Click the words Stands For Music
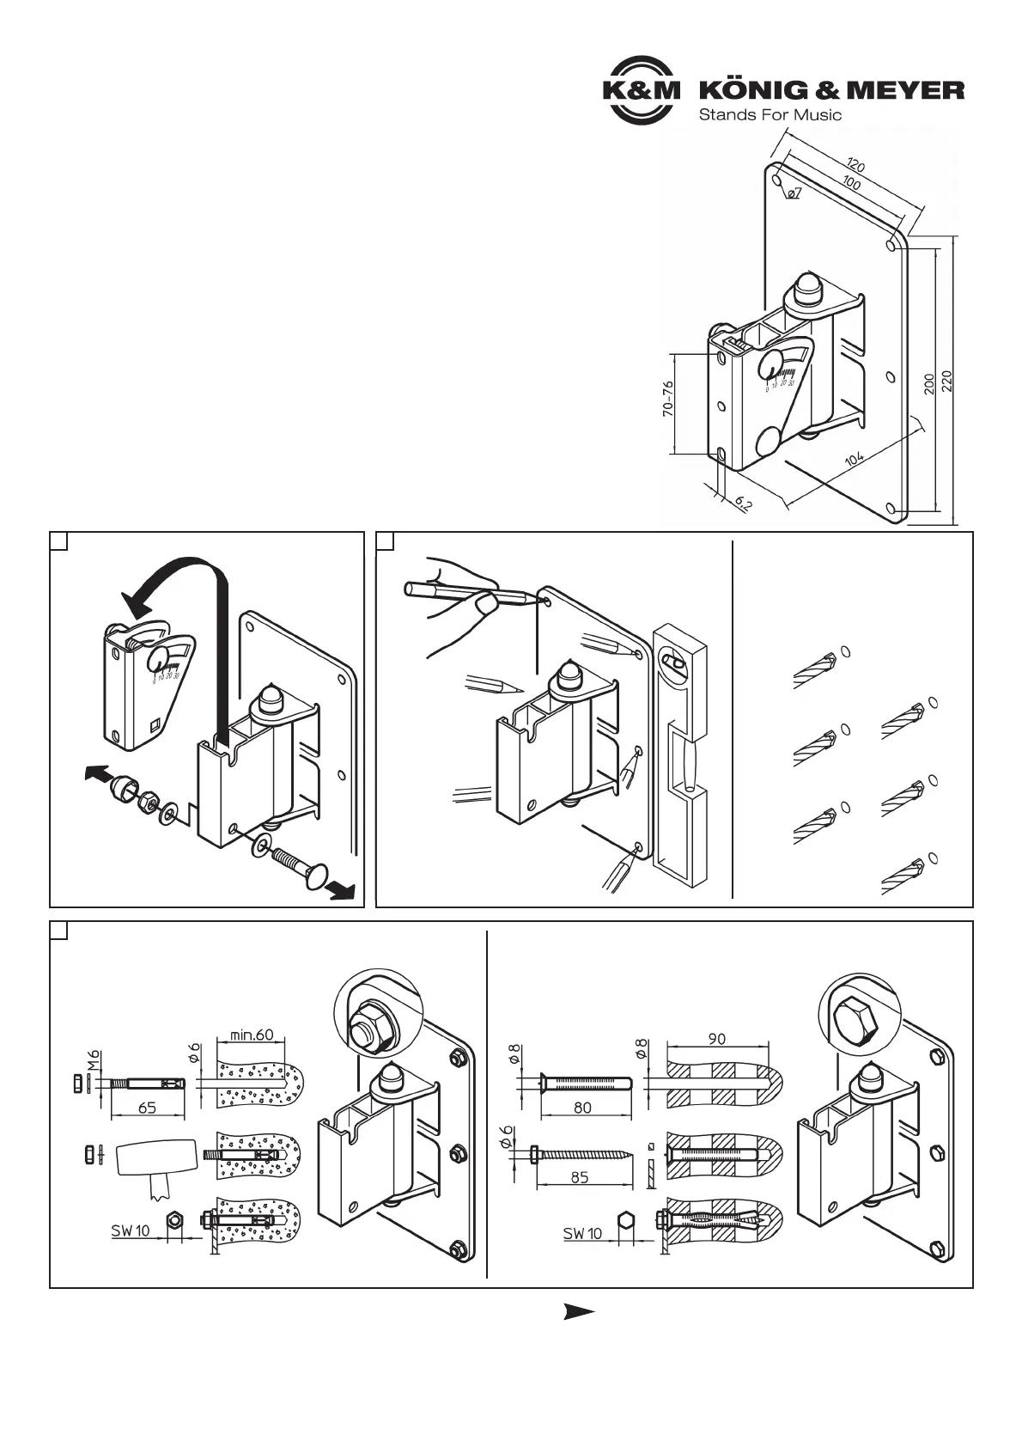(770, 114)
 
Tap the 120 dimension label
(855, 163)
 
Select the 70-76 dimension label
(668, 400)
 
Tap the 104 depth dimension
(855, 459)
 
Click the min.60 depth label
(252, 1035)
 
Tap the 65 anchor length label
(147, 1108)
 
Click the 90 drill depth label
(716, 1038)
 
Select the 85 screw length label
(580, 1177)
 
